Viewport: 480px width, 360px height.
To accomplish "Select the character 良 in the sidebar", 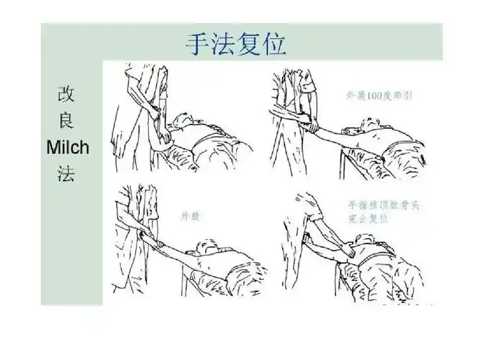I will [65, 122].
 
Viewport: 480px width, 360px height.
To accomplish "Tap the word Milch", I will [67, 148].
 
